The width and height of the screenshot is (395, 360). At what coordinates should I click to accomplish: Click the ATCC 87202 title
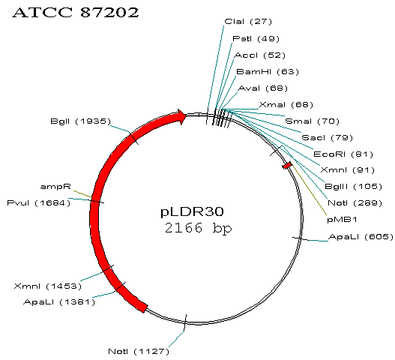click(76, 12)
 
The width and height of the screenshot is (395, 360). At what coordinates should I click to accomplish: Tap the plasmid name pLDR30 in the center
click(192, 211)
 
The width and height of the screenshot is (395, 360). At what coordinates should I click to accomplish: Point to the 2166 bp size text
click(198, 228)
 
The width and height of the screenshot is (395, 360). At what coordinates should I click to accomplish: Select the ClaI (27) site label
click(248, 22)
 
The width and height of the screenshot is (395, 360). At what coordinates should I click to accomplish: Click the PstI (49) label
click(256, 38)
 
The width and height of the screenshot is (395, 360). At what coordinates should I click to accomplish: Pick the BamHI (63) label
click(268, 71)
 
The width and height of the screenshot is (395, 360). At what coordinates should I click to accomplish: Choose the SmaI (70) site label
click(312, 121)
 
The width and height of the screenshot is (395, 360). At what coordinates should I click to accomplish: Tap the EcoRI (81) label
click(343, 154)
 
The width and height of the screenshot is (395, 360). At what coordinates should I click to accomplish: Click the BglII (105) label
click(353, 187)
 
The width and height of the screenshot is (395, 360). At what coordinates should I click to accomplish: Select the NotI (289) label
click(355, 203)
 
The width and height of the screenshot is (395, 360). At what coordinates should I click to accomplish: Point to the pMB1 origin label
click(342, 220)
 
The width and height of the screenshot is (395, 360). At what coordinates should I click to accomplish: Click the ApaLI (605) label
click(361, 237)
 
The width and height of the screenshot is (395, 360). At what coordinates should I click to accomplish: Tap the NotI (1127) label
click(139, 351)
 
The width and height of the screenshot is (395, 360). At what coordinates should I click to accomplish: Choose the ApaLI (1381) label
click(59, 301)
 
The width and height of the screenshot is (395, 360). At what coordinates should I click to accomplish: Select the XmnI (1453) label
click(48, 286)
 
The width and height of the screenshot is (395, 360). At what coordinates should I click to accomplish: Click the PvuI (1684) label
click(39, 203)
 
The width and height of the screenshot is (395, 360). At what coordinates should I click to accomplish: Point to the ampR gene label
click(55, 187)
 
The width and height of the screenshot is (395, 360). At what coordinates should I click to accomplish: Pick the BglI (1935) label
click(81, 121)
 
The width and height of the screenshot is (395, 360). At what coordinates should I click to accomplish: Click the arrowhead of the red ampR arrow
click(182, 116)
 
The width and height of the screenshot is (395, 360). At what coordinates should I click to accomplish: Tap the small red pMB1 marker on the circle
click(287, 166)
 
